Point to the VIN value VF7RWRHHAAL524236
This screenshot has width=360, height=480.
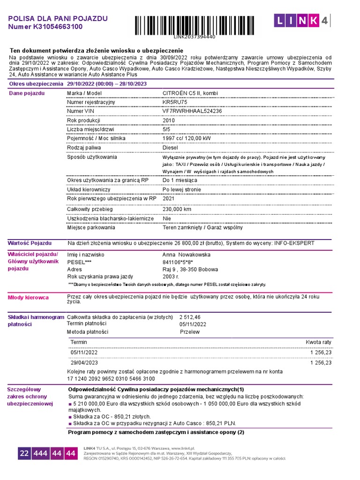192,111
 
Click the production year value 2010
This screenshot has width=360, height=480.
169,120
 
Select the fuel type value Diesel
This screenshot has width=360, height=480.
171,148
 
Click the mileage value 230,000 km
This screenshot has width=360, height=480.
177,209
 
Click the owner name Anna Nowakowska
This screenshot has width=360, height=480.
186,255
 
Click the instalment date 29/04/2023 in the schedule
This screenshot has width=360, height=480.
84,362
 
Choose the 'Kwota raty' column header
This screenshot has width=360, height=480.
318,342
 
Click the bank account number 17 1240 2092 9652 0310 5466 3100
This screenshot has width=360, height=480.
111,378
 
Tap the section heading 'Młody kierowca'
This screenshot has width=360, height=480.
28,298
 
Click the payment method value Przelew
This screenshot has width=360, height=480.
190,332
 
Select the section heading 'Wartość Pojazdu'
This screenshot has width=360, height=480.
30,243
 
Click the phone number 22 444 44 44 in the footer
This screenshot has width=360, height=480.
47,453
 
